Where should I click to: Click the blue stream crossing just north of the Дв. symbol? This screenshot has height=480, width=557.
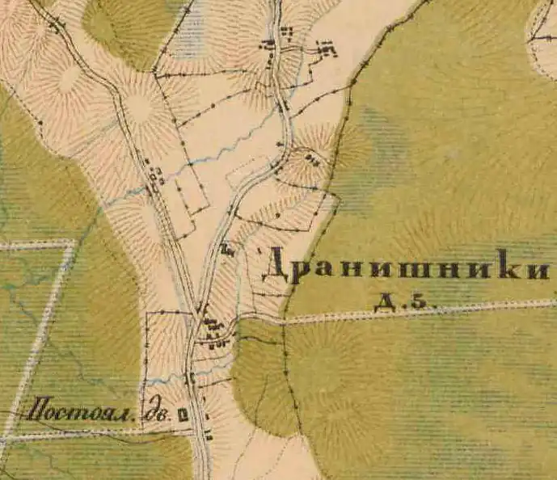pyautogui.click(x=191, y=373)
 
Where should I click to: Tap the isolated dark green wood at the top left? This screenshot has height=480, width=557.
pyautogui.click(x=129, y=24)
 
